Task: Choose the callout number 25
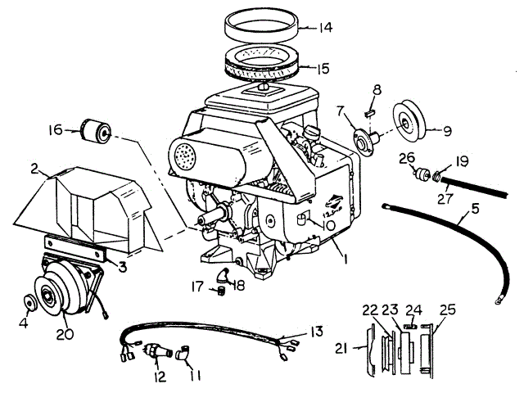(x=446, y=309)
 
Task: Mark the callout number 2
(x=34, y=169)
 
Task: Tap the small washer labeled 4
(x=30, y=301)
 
